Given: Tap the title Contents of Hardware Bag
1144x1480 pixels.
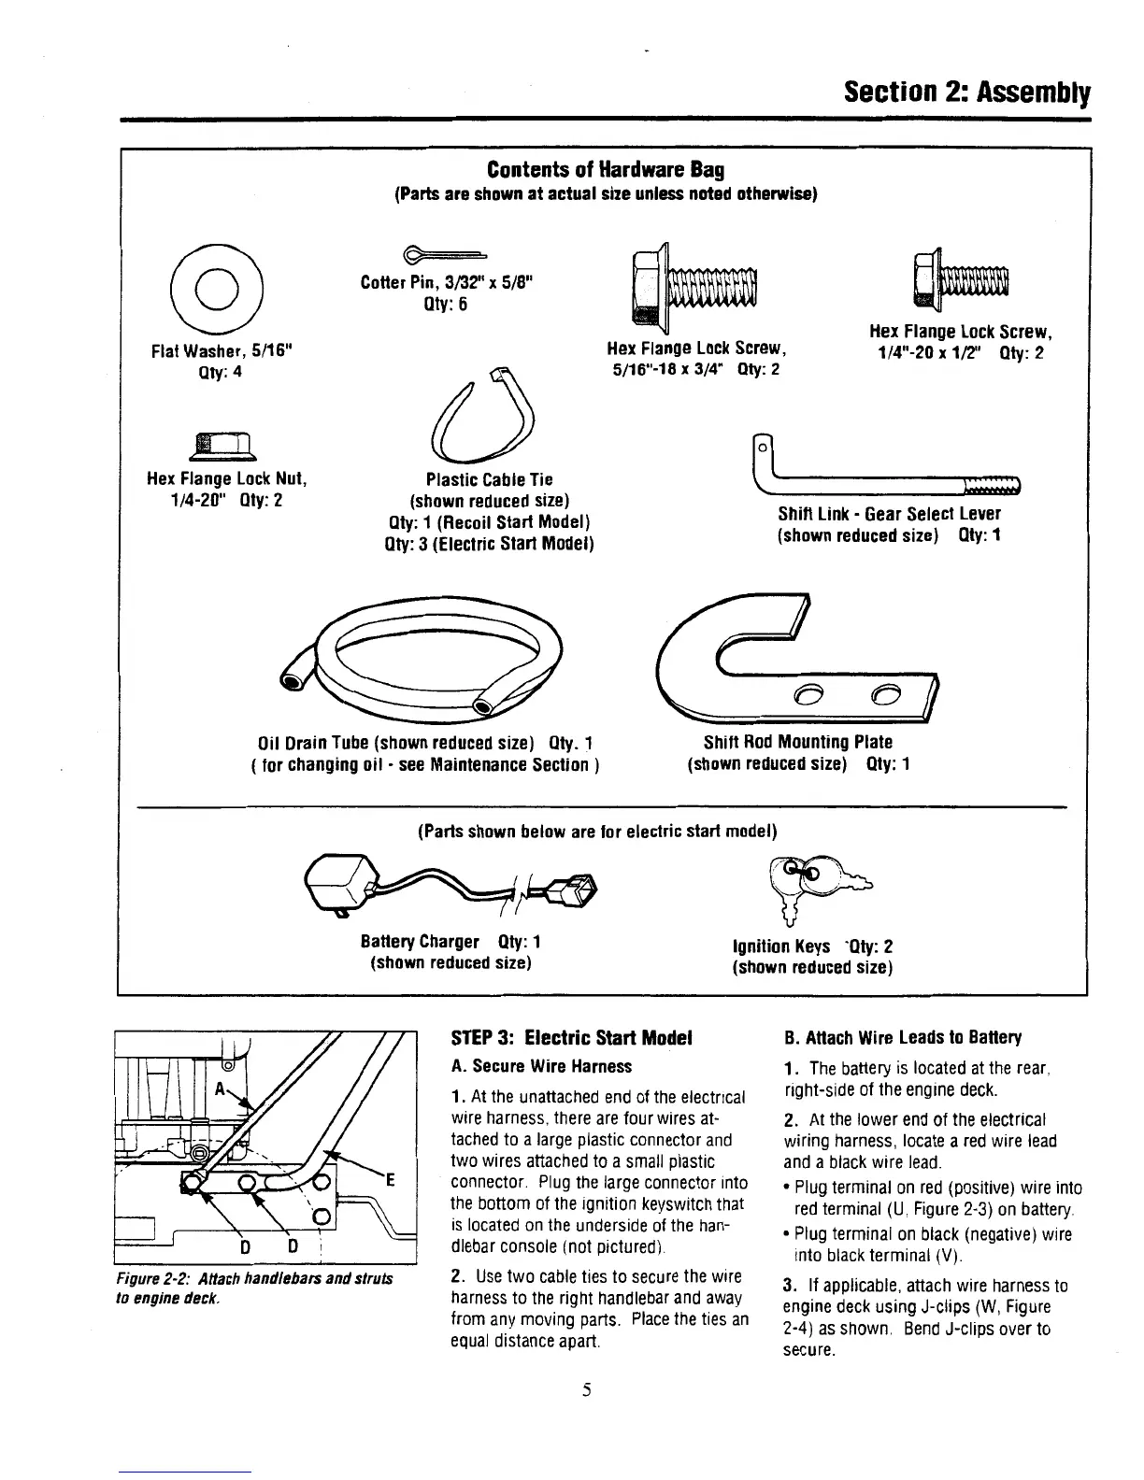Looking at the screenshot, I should pos(605,170).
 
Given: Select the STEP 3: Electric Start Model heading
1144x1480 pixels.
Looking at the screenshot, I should pos(571,1038).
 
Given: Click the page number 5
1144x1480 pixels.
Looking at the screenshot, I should pos(584,1390).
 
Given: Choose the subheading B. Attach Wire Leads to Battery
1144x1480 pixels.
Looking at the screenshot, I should pos(903,1038).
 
